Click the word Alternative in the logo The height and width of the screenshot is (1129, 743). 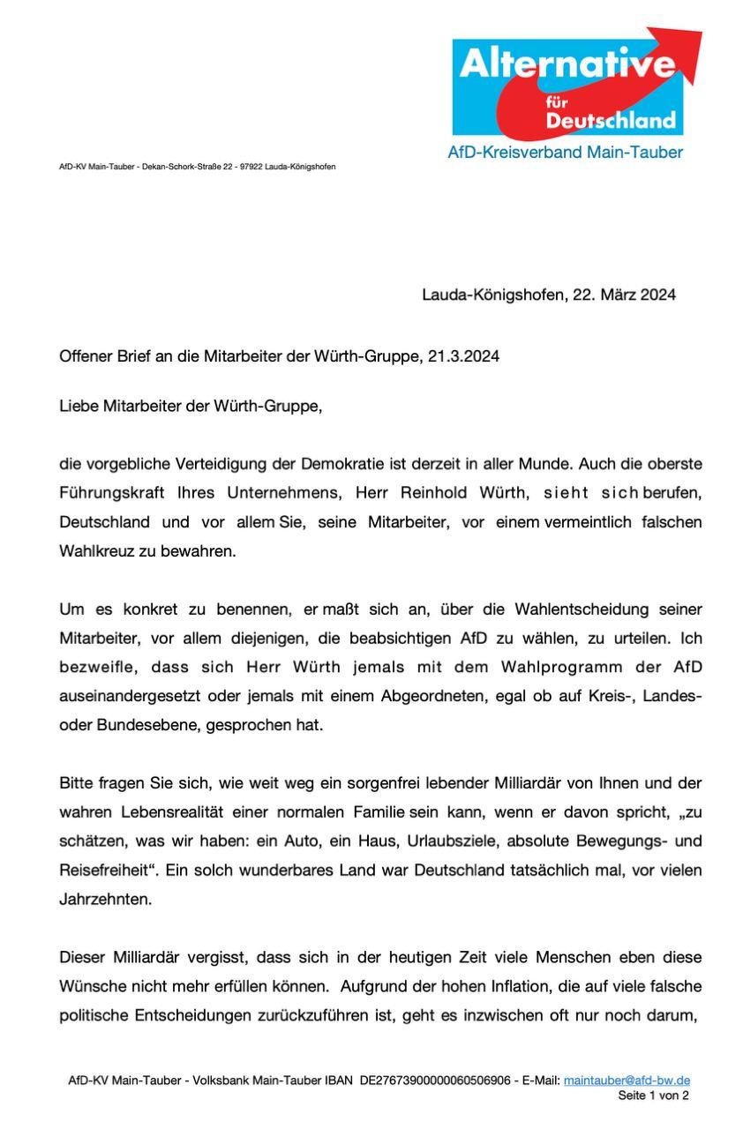567,64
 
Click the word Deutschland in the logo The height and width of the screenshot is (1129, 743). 610,120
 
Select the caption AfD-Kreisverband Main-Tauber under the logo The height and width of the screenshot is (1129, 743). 565,153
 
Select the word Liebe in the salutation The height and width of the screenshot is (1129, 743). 79,407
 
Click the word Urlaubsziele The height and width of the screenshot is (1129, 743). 455,841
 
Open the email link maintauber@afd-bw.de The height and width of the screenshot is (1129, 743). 627,1080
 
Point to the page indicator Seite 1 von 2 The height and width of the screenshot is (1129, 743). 653,1095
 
